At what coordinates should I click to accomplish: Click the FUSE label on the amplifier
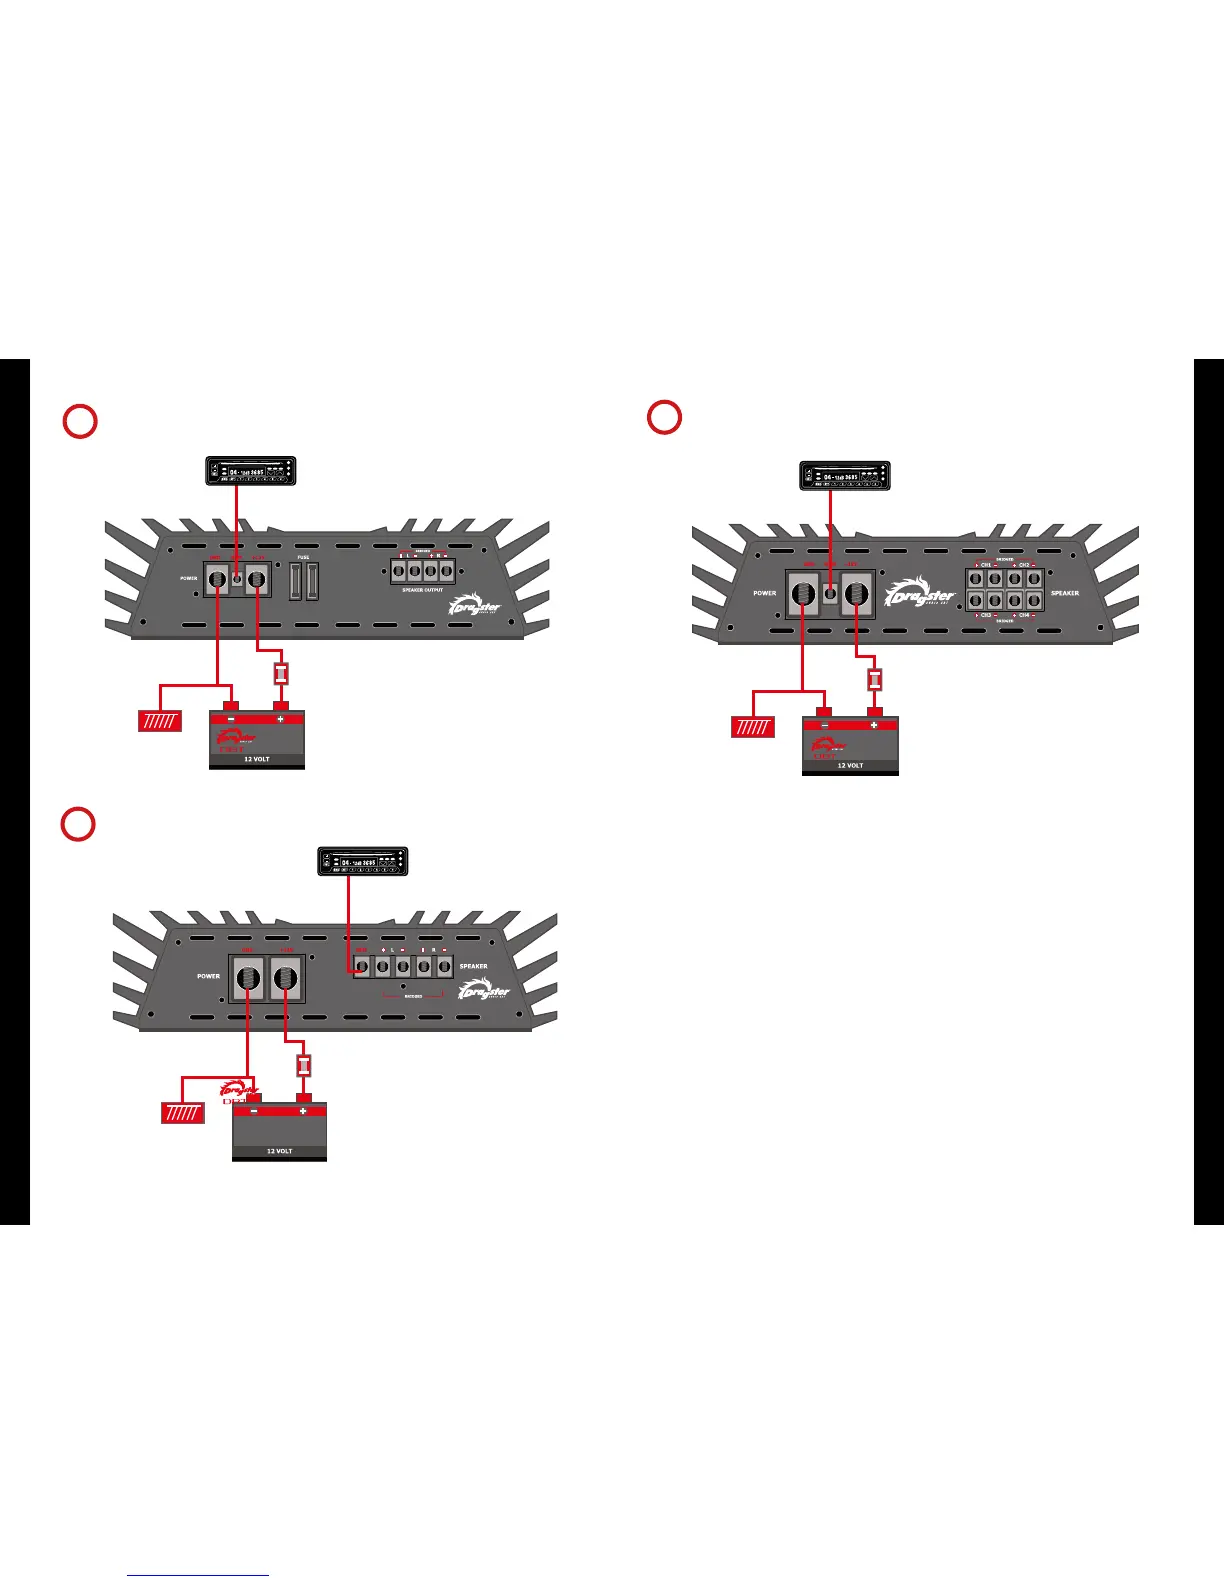303,557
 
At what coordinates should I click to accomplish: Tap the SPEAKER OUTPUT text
421,590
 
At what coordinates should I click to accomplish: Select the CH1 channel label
986,565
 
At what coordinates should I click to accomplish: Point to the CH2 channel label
1024,565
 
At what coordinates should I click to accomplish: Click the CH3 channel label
986,615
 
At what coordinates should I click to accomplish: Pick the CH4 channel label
1024,615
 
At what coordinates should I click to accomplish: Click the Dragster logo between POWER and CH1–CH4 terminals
921,592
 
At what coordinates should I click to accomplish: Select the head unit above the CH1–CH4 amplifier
846,476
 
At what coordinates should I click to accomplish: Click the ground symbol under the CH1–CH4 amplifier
753,727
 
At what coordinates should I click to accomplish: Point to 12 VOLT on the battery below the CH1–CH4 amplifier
849,765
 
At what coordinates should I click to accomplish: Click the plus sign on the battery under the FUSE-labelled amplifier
280,719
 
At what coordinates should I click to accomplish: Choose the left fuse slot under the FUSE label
296,581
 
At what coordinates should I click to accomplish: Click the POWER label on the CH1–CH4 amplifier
765,593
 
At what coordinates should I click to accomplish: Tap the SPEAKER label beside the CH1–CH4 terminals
1065,593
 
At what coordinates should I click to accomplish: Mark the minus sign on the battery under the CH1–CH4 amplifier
825,725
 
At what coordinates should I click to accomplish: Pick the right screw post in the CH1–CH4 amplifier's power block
856,595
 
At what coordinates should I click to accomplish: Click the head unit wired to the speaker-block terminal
363,862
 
